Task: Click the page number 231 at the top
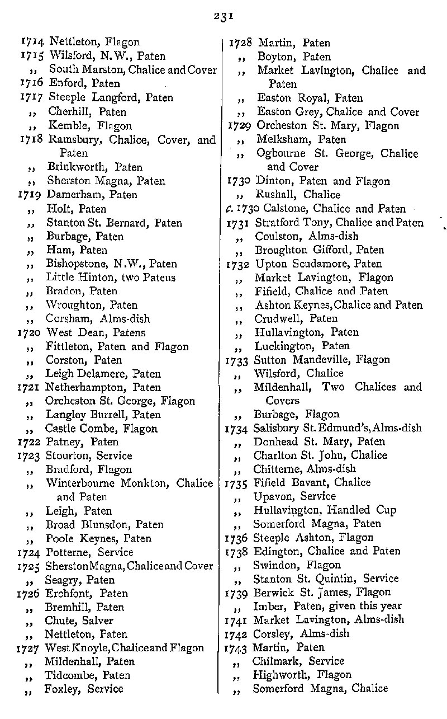pyautogui.click(x=222, y=16)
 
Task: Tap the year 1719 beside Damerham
pyautogui.click(x=30, y=195)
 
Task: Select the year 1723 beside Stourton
pyautogui.click(x=30, y=456)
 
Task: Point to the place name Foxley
pyautogui.click(x=62, y=689)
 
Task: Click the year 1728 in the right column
pyautogui.click(x=241, y=43)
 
